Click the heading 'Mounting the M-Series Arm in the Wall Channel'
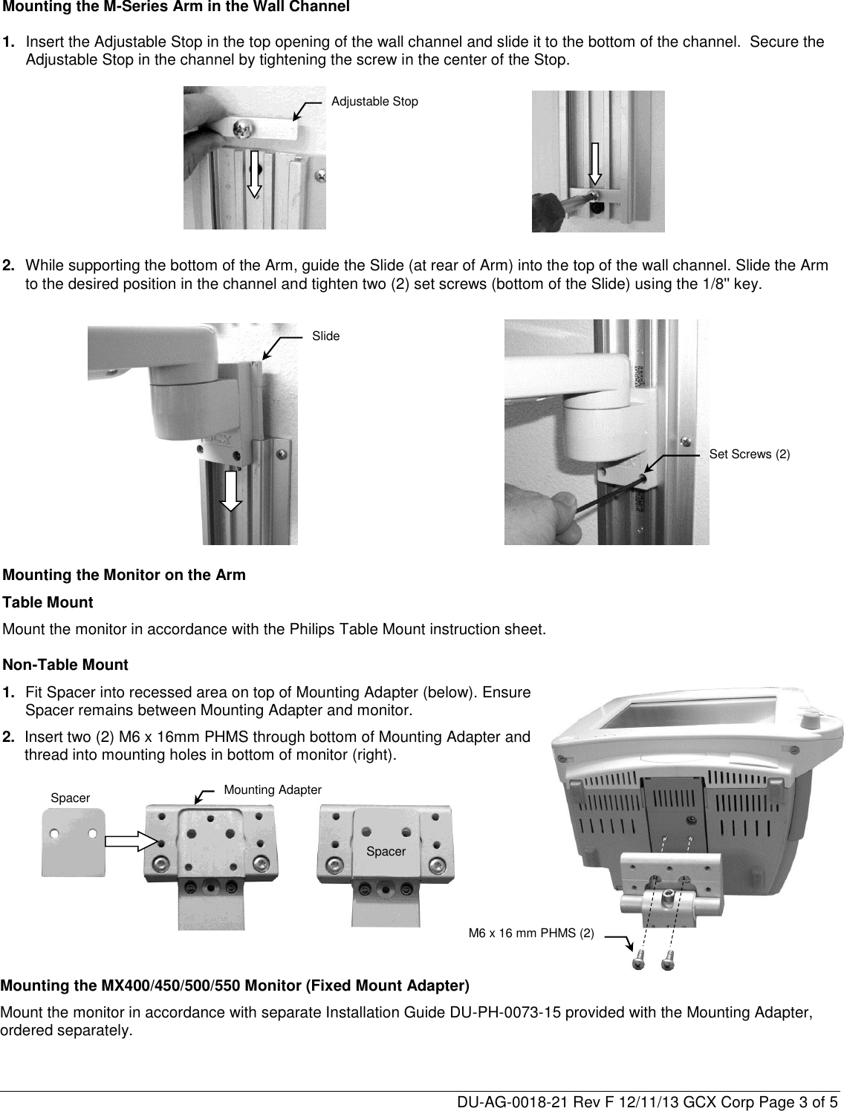coord(176,7)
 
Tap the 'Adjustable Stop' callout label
coord(374,101)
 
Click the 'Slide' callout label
coord(325,336)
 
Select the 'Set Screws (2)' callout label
coord(750,454)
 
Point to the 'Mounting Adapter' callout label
coord(273,790)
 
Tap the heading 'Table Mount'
coord(48,602)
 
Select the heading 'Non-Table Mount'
coord(66,665)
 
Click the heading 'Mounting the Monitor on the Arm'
coord(125,575)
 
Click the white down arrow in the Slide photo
coord(231,491)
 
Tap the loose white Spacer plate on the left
coord(73,843)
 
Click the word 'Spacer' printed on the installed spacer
coord(386,851)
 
